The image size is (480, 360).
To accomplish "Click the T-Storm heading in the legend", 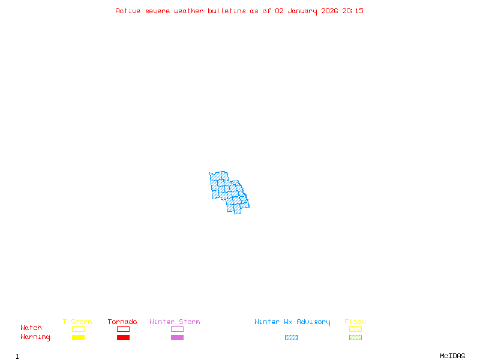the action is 77,322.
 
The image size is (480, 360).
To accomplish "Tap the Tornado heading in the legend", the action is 122,322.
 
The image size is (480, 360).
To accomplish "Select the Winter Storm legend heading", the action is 175,322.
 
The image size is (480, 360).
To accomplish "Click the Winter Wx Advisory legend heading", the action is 292,322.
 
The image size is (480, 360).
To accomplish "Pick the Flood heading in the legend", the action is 355,322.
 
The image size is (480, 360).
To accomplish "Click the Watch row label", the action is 31,328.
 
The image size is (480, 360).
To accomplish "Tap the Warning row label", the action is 35,337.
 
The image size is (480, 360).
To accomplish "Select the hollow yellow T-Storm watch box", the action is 78,329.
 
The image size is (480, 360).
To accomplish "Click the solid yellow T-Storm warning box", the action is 78,337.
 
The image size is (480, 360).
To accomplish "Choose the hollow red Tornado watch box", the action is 123,329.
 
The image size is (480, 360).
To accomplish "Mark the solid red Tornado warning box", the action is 123,337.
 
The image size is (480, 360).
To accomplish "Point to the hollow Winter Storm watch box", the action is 177,329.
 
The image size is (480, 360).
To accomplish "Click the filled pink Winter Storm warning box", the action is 177,337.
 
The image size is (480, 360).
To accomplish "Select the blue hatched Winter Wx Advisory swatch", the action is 291,337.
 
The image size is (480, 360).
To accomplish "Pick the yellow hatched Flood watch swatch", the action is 355,329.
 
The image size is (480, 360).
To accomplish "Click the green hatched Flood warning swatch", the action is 355,337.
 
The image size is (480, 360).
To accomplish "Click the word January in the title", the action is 304,11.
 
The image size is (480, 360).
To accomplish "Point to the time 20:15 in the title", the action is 353,11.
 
